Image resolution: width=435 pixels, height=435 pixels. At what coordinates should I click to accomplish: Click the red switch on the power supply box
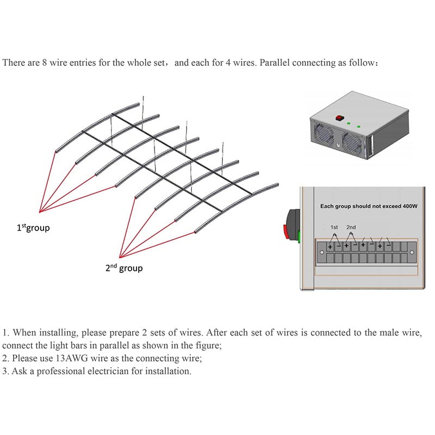click(341, 116)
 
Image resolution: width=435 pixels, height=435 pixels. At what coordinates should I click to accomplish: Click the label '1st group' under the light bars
click(33, 228)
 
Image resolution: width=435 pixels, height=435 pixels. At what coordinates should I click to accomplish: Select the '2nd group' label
click(124, 268)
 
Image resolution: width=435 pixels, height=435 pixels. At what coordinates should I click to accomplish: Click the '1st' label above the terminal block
click(334, 227)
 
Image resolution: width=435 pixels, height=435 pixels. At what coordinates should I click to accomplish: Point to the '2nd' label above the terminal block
click(351, 227)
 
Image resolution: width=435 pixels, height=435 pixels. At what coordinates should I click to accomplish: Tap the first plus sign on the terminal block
click(330, 247)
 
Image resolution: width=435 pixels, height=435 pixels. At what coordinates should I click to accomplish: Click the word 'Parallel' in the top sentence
click(279, 63)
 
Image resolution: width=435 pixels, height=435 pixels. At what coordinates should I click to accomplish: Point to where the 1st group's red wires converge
click(40, 212)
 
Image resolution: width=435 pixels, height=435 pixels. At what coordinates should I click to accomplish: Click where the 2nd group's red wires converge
click(120, 256)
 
